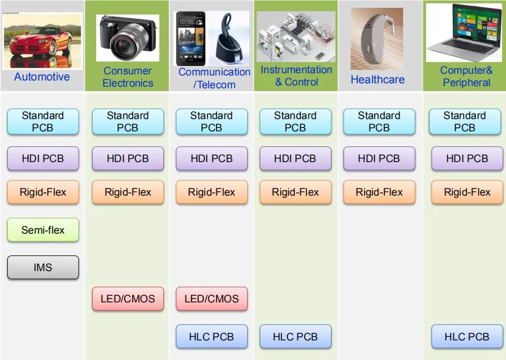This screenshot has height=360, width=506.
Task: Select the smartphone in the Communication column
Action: coord(190,38)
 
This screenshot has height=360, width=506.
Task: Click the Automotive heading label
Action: coord(42,77)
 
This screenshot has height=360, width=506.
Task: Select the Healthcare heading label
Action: coord(377,79)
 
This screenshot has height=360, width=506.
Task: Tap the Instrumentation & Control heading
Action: coord(296,76)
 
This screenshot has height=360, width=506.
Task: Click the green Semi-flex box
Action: coord(43,230)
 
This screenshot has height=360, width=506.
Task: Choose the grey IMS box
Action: coord(43,267)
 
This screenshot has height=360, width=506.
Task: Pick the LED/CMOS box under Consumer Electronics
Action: coord(127,299)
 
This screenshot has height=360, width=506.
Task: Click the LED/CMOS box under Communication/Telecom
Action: coord(211,299)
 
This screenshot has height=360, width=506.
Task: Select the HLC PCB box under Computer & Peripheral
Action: coord(467,337)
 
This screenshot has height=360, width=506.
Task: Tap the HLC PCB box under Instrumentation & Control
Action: coord(295,337)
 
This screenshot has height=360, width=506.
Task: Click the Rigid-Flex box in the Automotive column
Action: coord(43,192)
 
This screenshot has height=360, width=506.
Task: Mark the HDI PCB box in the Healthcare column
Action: coord(379,159)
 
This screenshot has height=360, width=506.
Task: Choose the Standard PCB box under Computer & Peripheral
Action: coord(465,121)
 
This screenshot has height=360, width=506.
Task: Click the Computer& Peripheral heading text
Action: coord(466,77)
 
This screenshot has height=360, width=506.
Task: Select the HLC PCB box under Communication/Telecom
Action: coord(211,337)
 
